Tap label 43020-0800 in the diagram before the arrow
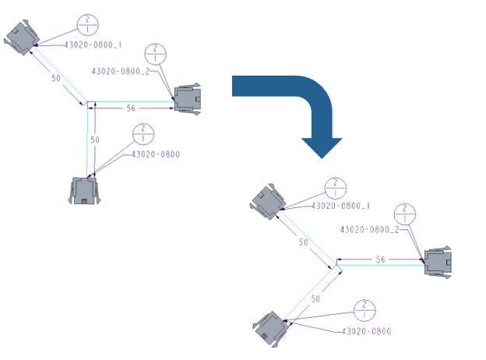pos(154,154)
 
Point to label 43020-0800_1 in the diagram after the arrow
pos(340,206)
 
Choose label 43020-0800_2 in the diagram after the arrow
pos(370,229)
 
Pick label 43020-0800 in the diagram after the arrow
pos(366,331)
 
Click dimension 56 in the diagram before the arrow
pos(131,109)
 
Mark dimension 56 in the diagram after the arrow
pos(381,259)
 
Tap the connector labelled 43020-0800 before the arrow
pos(83,190)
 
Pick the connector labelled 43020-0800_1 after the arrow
pos(268,200)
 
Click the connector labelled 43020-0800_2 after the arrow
pos(437,261)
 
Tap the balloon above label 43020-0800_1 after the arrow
pos(334,188)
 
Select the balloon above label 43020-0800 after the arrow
pos(364,309)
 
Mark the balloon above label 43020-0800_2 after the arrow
pos(406,213)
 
